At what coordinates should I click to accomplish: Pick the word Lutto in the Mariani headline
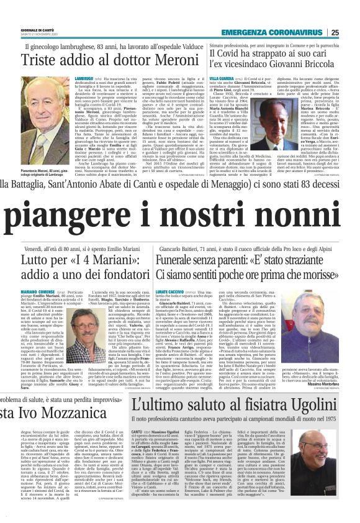(x=32, y=258)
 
